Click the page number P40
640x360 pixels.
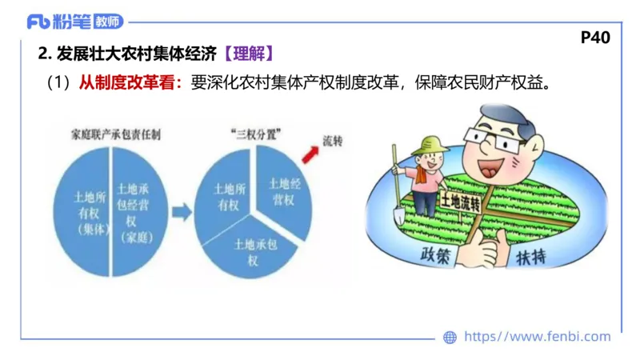[595, 38]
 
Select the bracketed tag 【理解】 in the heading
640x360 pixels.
[250, 55]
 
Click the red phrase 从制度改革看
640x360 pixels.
[130, 82]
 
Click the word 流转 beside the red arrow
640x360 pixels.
[332, 140]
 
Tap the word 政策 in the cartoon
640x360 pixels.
[437, 254]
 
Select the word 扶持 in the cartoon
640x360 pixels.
[530, 258]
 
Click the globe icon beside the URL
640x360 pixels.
[450, 337]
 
